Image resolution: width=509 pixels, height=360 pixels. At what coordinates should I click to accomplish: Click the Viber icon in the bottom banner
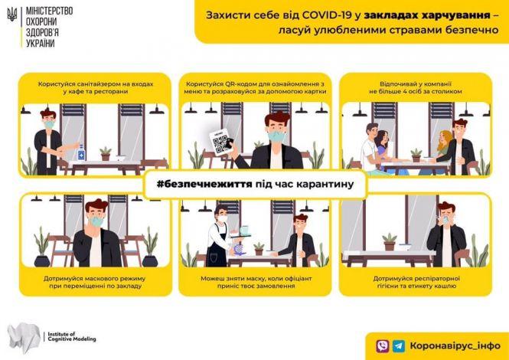tap(382, 345)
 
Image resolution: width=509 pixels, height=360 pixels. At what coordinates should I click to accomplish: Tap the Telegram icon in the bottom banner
tap(399, 345)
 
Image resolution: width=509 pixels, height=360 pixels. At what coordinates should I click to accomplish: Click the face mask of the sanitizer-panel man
tap(50, 123)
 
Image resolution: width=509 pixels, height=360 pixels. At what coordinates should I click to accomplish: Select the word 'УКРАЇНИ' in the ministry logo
tap(39, 43)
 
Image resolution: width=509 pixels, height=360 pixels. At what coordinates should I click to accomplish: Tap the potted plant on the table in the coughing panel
tap(390, 243)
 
